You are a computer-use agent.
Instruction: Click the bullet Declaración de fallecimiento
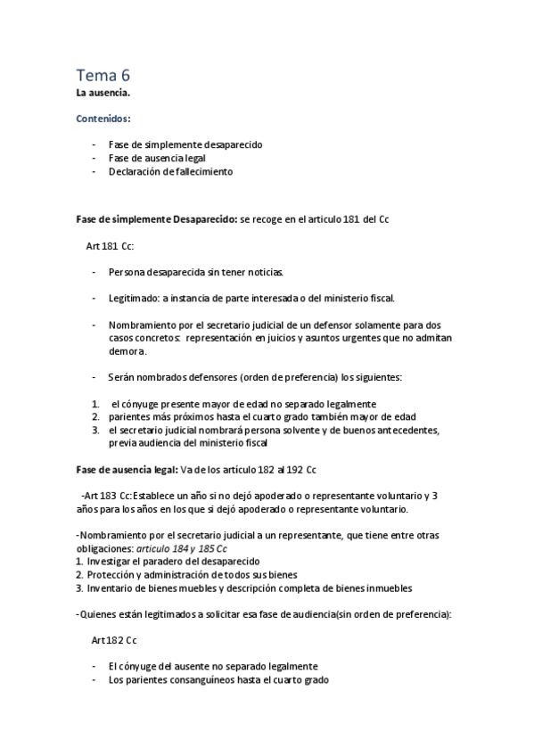pyautogui.click(x=170, y=172)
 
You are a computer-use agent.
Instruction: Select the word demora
pyautogui.click(x=127, y=351)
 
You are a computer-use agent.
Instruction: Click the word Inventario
pyautogui.click(x=110, y=588)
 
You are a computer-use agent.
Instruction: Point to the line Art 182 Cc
pyautogui.click(x=113, y=640)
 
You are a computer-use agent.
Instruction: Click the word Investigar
pyautogui.click(x=111, y=562)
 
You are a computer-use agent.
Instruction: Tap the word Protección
pyautogui.click(x=112, y=575)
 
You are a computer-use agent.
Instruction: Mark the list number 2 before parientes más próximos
pyautogui.click(x=94, y=417)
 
